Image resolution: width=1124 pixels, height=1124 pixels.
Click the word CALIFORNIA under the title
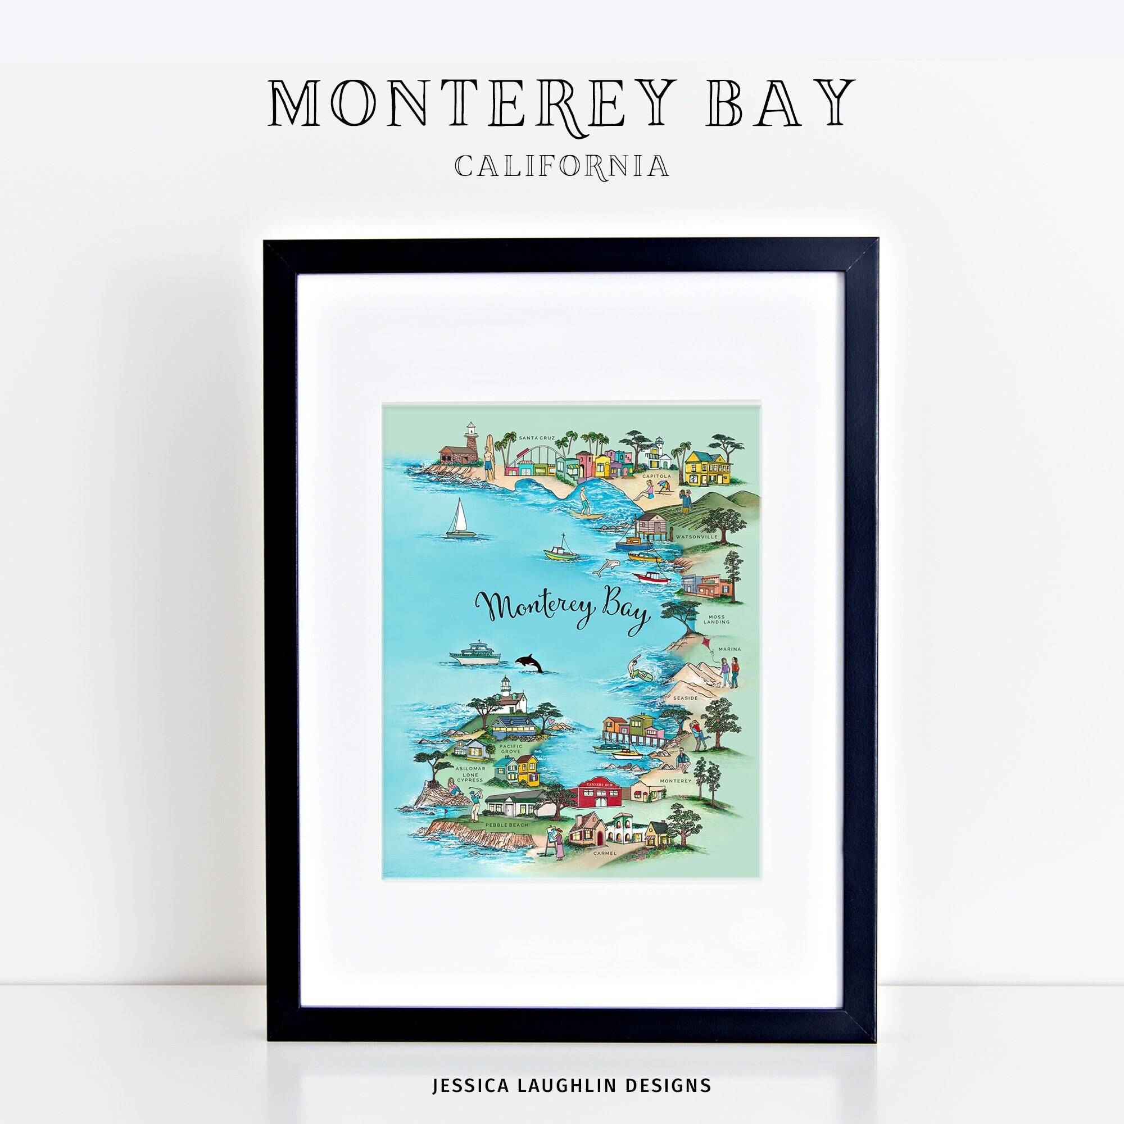tap(561, 166)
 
